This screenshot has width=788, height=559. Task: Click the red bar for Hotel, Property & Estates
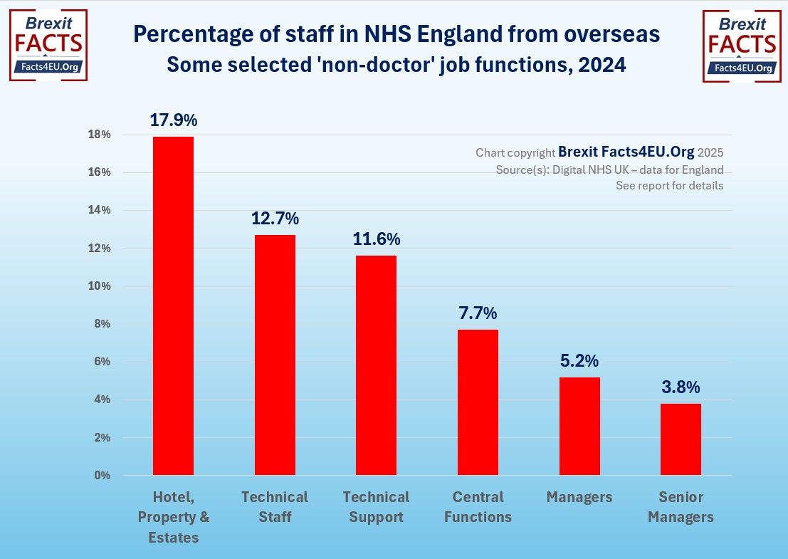[174, 305]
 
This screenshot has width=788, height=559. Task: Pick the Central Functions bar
[478, 402]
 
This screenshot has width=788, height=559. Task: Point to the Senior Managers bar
[681, 439]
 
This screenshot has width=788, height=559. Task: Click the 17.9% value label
[173, 120]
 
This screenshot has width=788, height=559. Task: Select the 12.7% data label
[275, 219]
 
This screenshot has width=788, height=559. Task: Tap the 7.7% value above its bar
[478, 313]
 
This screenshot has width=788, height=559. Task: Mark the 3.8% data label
[681, 387]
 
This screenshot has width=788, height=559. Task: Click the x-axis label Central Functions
[478, 507]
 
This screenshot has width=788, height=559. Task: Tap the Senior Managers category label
[681, 507]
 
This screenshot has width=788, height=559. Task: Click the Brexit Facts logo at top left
[48, 45]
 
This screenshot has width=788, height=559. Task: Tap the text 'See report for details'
[669, 185]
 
